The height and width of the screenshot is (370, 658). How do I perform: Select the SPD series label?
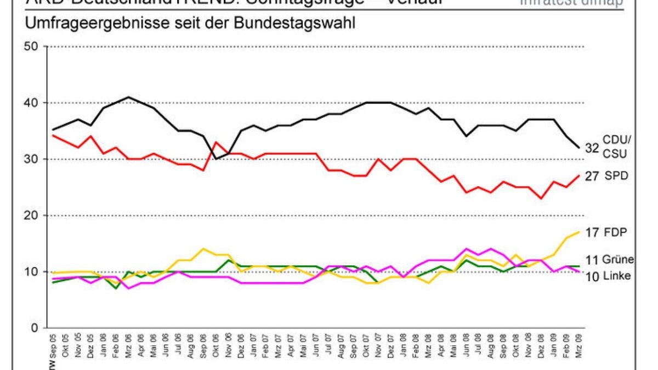[617, 175]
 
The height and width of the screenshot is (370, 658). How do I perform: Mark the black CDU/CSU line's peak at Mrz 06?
[129, 97]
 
